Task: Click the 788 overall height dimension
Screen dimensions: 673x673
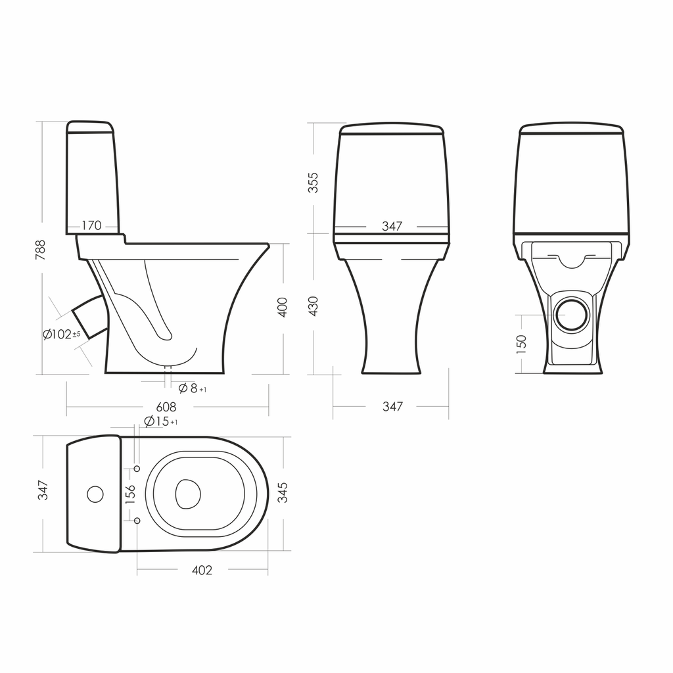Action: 40,250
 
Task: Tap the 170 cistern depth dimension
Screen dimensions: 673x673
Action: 91,225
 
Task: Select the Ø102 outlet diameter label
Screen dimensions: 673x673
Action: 61,335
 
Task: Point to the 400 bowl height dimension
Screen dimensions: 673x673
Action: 283,307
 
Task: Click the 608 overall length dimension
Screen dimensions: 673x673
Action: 166,406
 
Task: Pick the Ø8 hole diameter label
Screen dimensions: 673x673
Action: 193,388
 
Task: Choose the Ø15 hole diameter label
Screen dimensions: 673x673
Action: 161,421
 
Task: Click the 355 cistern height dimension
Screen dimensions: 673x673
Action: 313,183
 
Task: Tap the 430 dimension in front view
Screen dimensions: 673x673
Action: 313,306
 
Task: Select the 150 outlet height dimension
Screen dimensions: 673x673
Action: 521,344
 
